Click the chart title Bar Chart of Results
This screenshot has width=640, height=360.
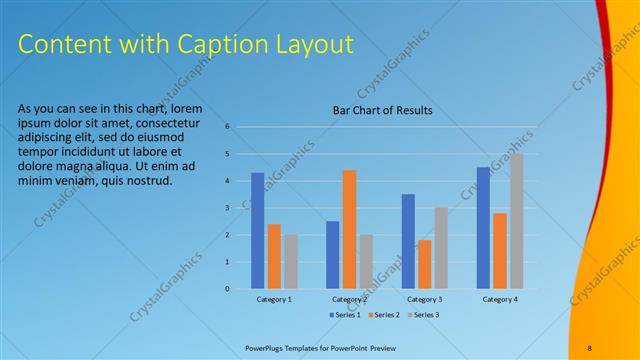(x=382, y=111)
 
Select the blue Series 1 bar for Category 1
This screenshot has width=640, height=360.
(x=258, y=231)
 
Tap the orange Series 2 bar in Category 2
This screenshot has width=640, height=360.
(x=349, y=229)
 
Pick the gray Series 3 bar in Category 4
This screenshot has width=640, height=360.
(x=516, y=221)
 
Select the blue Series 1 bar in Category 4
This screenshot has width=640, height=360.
(x=483, y=228)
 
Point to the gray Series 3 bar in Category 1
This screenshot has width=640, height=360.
(x=290, y=262)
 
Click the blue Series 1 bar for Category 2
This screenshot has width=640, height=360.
(x=332, y=255)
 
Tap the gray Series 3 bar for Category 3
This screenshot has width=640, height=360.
(x=441, y=248)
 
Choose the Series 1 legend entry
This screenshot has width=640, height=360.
(x=346, y=315)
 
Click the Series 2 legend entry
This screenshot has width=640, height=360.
(x=386, y=315)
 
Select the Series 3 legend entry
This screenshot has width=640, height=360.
(x=424, y=315)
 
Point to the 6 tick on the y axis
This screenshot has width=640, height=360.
(x=228, y=127)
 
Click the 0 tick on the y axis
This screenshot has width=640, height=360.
(x=228, y=289)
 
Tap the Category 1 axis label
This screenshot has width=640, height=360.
(x=274, y=299)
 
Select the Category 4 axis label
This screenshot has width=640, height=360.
(x=499, y=299)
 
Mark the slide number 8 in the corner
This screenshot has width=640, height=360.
(x=589, y=348)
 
